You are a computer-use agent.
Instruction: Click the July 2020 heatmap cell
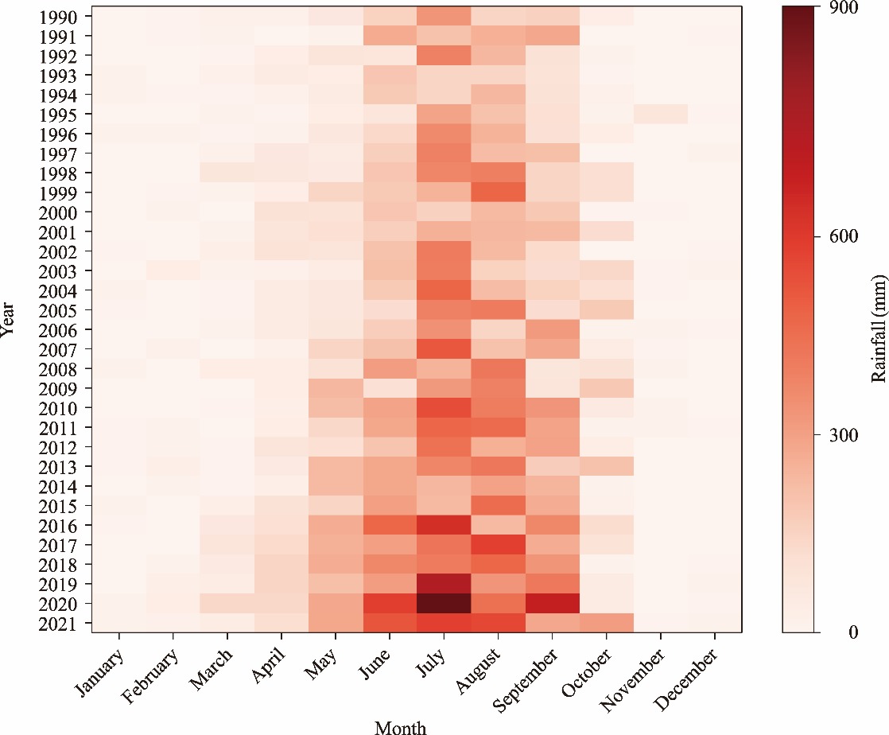coord(444,604)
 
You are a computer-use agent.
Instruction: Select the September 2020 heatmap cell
coord(552,604)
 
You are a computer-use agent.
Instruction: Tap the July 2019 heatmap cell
coord(444,584)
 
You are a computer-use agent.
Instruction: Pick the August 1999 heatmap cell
coord(498,192)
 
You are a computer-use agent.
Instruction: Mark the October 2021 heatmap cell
coord(606,623)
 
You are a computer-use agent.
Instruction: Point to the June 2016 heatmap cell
coord(390,525)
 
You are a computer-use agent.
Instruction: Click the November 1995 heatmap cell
coord(660,114)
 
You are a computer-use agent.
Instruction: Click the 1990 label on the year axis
coord(57,17)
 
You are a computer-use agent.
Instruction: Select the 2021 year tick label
coord(57,624)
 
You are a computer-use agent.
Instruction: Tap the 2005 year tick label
coord(57,310)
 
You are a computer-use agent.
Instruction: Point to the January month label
coord(100,673)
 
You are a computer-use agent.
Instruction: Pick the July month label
coord(433,665)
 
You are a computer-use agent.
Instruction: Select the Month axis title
coord(400,726)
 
